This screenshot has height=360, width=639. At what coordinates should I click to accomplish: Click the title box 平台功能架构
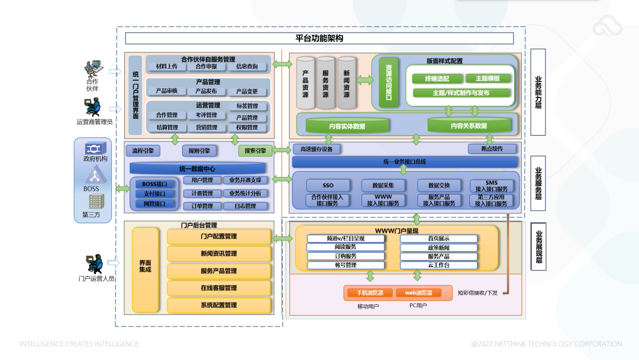point(319,38)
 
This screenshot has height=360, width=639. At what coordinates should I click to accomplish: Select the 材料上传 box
point(166,67)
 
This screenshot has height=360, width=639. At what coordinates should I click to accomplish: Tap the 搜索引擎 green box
point(255,151)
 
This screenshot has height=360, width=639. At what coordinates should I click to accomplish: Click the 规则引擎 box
point(199,151)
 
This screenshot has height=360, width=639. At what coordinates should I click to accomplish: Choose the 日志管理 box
point(245,207)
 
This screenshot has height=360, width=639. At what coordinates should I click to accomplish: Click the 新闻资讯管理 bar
point(219,254)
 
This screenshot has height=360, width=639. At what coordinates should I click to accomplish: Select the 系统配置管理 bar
point(219,306)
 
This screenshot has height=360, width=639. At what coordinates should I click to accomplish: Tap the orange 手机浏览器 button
point(370,293)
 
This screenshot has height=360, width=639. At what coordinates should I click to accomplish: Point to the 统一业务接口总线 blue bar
point(405,162)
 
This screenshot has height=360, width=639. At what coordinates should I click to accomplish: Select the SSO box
point(328,186)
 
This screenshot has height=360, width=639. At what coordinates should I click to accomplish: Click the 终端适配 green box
point(437,79)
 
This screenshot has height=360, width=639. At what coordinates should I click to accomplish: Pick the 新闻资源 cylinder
point(346,83)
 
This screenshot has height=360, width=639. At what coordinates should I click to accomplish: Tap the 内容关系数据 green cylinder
point(469,126)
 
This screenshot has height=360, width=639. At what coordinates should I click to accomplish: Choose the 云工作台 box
point(438,265)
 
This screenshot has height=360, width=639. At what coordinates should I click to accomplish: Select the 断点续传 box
point(492,149)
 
